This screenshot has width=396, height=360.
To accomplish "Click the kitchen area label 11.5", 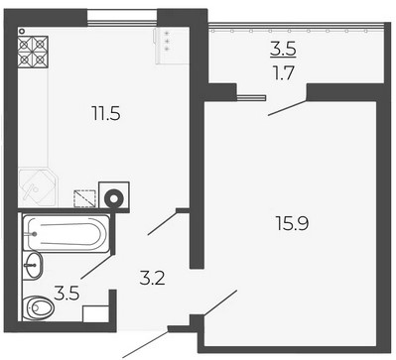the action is (106, 114).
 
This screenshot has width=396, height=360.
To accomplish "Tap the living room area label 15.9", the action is (292, 223).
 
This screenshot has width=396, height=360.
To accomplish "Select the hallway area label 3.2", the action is (152, 279).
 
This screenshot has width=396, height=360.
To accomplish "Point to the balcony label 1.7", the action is (284, 73).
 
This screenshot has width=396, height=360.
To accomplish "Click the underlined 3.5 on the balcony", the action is (283, 50).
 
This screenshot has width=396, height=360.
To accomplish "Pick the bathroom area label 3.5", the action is (66, 294).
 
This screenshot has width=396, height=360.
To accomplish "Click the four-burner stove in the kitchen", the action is (33, 53).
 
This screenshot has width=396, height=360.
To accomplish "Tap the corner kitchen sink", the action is (37, 188).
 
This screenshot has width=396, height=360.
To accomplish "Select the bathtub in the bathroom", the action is (66, 234).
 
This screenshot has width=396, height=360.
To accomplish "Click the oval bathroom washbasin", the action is (33, 265).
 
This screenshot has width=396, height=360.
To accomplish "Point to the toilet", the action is (39, 308).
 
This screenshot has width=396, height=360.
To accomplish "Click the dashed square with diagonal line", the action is (85, 198).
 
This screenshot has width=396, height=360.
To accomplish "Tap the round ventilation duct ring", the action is (113, 198).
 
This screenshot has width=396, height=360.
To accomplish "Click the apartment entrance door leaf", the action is (146, 344).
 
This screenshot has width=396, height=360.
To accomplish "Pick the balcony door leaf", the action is (287, 108).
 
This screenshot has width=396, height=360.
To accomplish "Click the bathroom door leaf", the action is (97, 267).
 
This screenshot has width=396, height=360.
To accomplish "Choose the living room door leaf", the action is (220, 302).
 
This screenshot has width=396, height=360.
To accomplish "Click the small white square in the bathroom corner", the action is (95, 313).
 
